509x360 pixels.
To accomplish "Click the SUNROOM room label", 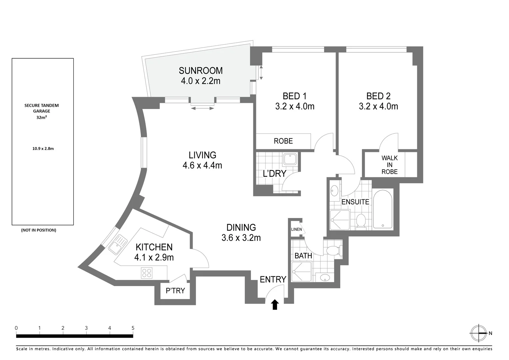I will click(x=200, y=71).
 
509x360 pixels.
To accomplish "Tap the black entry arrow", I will click(x=275, y=305).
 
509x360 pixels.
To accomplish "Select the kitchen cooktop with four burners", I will click(x=147, y=273).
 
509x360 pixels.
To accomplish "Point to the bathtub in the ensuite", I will click(x=383, y=209).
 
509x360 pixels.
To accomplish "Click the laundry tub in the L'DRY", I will click(x=290, y=159).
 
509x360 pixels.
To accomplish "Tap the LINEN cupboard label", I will click(x=296, y=229).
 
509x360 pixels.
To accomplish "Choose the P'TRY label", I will click(x=175, y=291).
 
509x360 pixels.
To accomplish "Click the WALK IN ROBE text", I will click(x=389, y=165).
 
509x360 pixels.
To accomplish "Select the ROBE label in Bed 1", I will click(x=283, y=141).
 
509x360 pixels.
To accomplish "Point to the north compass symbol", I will click(x=479, y=333).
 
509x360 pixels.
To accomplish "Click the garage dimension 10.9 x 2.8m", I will click(x=43, y=149).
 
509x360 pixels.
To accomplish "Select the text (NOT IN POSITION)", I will click(x=39, y=230).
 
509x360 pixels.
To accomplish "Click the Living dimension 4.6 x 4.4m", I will click(x=202, y=165).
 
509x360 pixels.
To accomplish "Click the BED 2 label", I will click(x=378, y=96).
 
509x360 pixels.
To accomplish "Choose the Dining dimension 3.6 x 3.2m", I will click(x=241, y=238).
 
